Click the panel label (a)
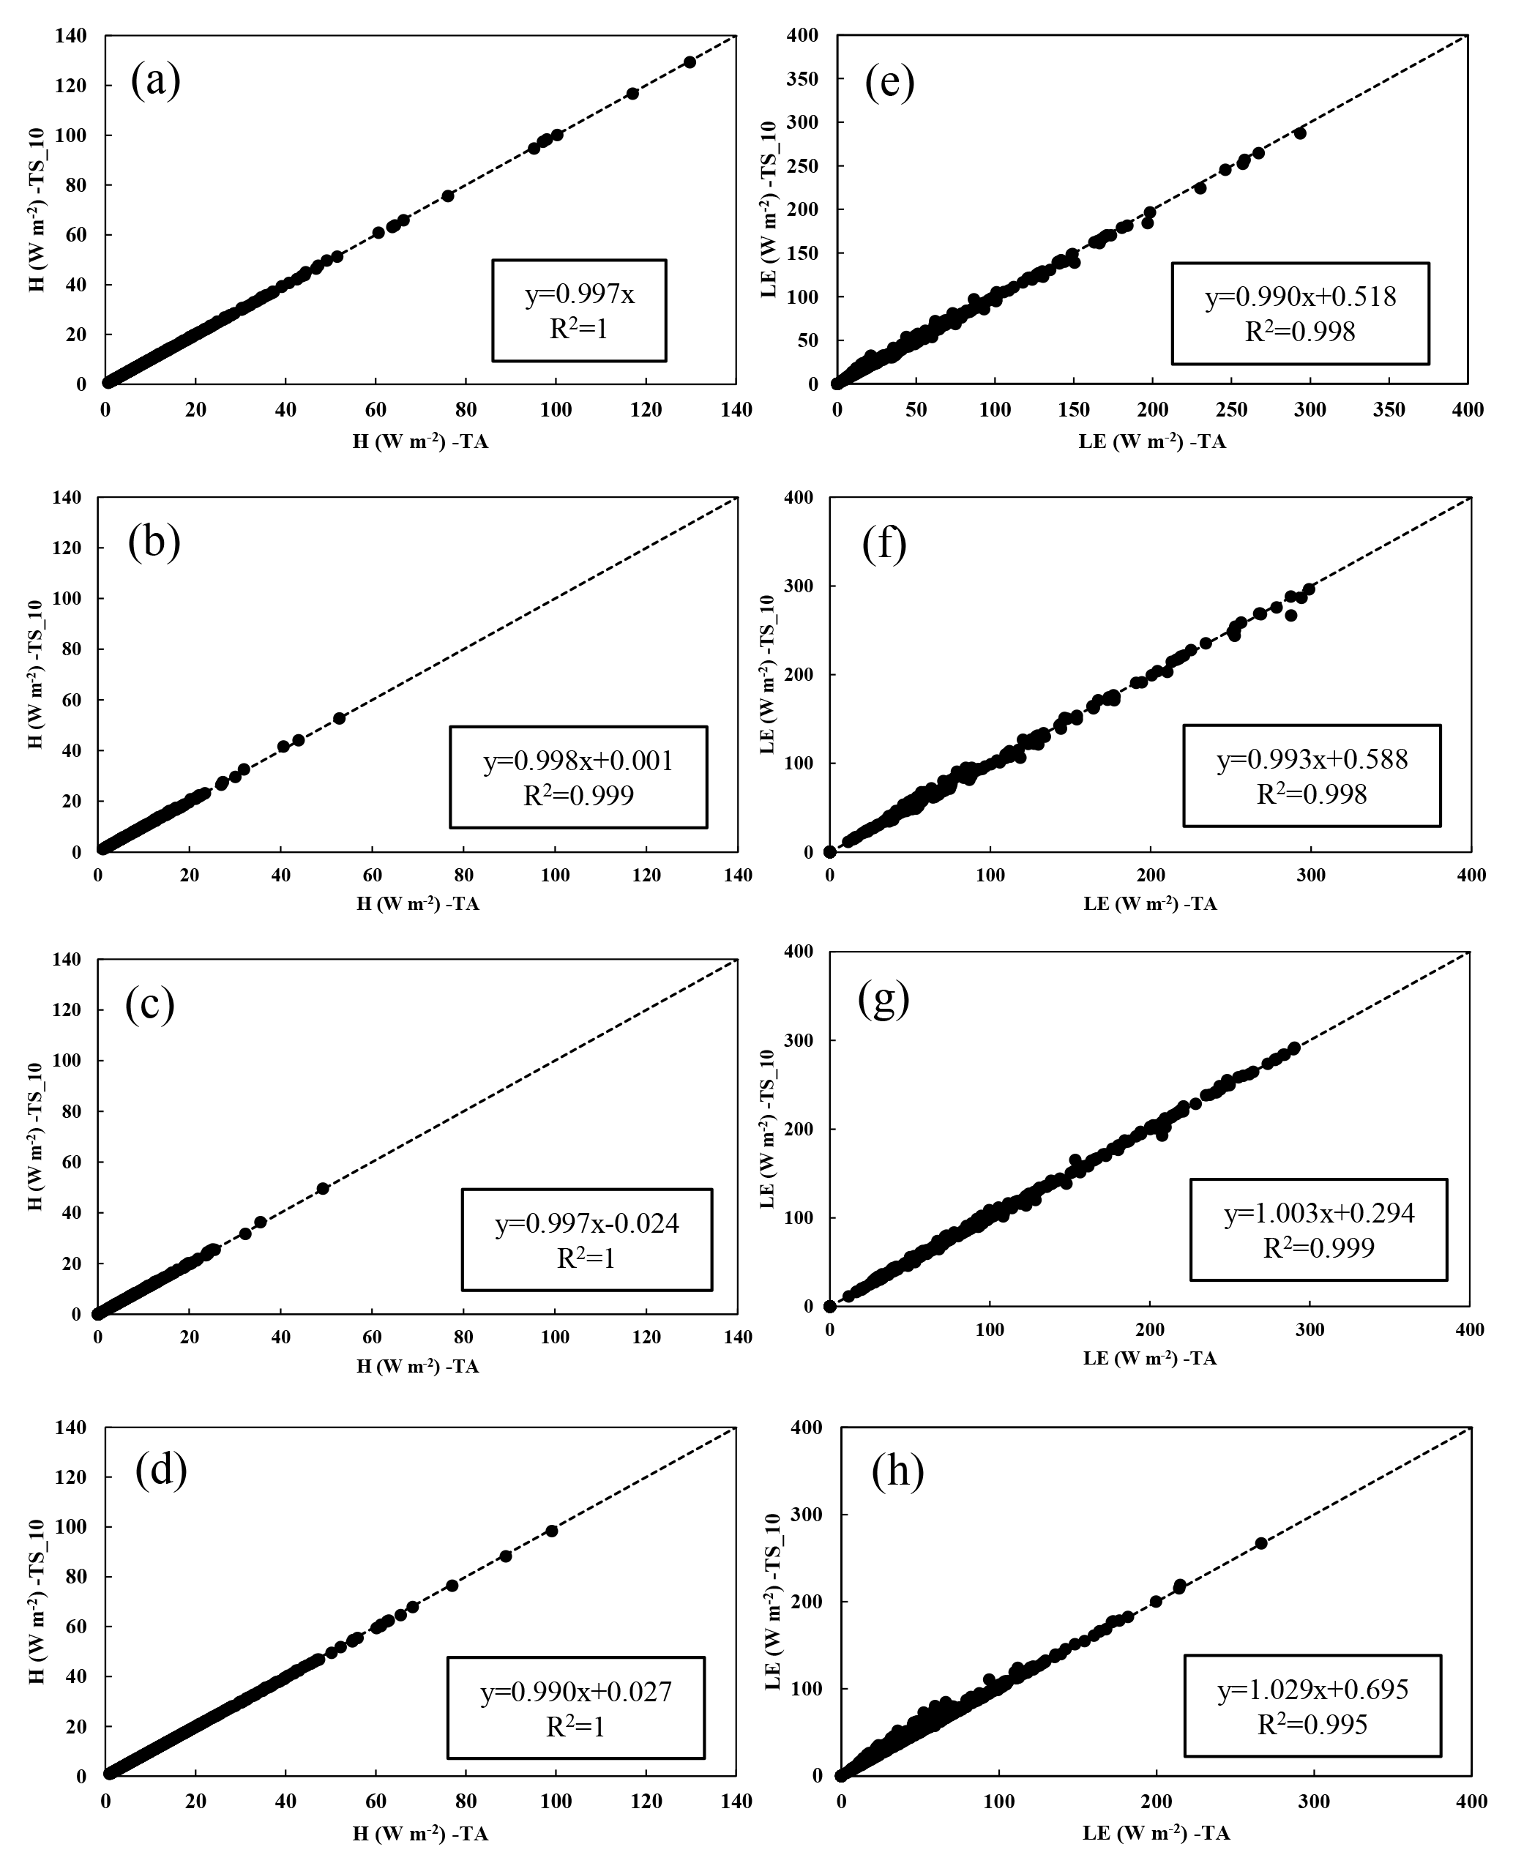tap(156, 81)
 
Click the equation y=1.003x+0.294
tap(1320, 1212)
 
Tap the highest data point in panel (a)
tap(690, 62)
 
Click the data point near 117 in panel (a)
tap(632, 93)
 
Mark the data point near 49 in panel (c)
tap(323, 1189)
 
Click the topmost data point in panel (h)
tap(1260, 1543)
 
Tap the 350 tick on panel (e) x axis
tap(1389, 408)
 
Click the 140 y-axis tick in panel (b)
tap(68, 498)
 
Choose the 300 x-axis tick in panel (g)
tap(1310, 1329)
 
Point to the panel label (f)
tap(885, 544)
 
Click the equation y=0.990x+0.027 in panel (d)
tap(576, 1692)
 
